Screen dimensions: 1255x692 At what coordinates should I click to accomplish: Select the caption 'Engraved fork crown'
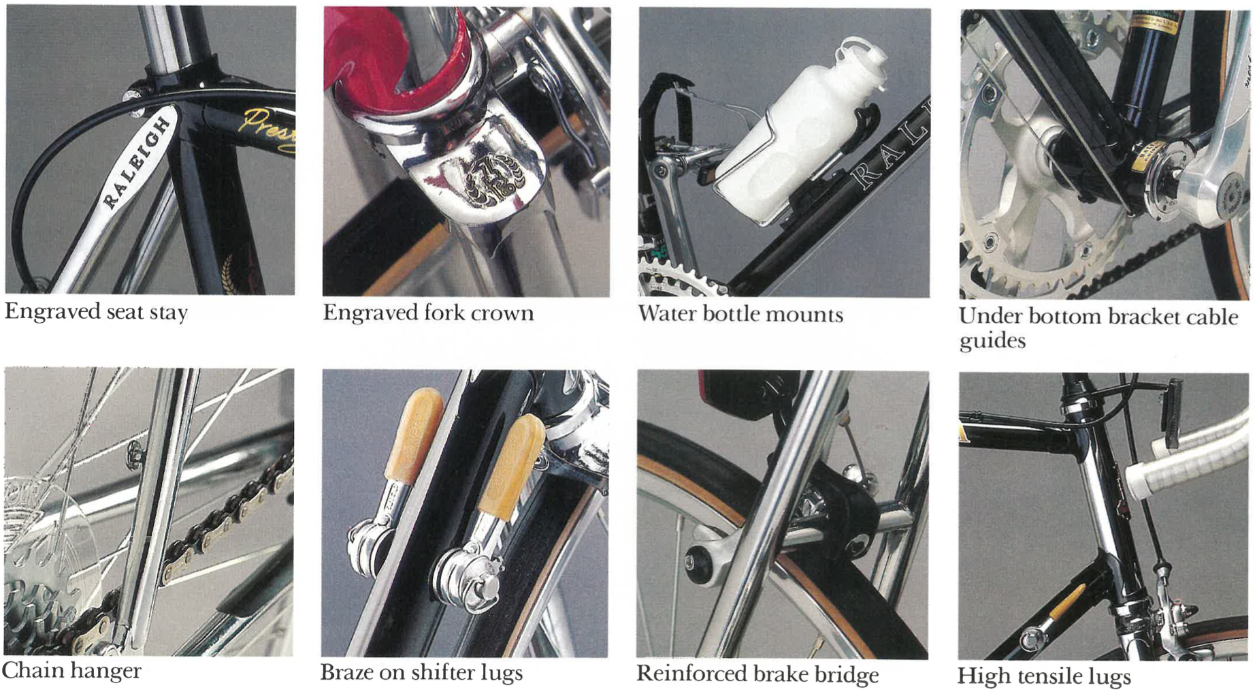tap(428, 313)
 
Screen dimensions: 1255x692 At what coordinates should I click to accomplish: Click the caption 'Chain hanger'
tap(72, 671)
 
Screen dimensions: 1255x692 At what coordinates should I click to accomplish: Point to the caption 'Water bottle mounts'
tap(740, 314)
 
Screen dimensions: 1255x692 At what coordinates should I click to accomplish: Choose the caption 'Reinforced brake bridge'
tap(757, 674)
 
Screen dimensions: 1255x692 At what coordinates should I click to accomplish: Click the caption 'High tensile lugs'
tap(1044, 676)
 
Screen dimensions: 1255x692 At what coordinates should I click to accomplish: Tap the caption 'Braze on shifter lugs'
tap(421, 673)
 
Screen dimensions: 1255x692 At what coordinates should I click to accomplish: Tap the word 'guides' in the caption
tap(992, 341)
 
